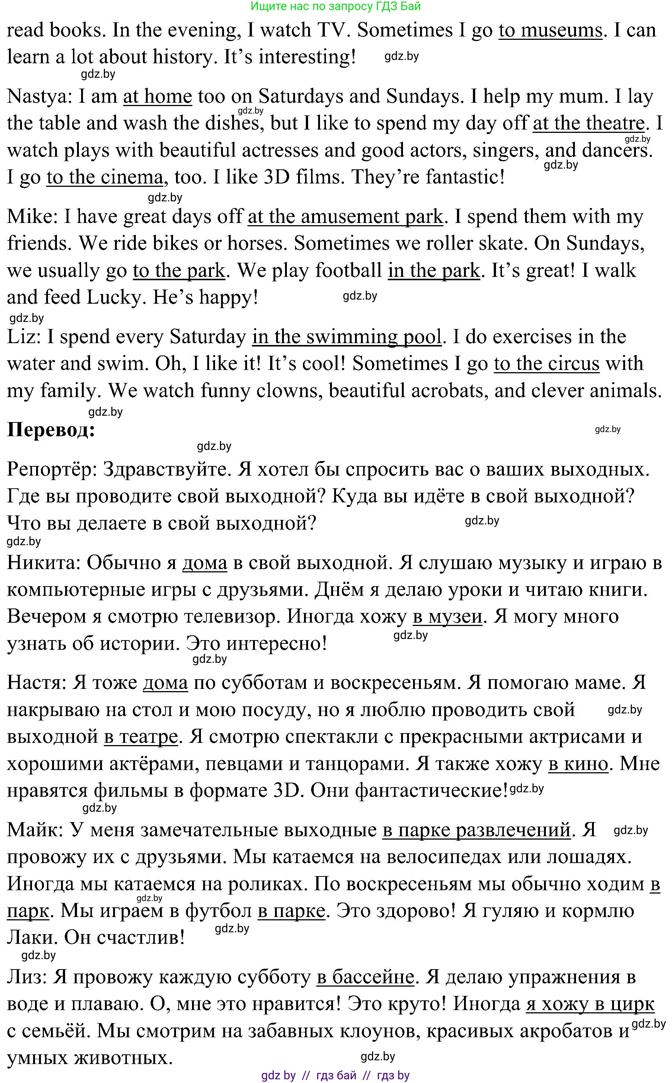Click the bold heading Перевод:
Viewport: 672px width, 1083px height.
coord(51,430)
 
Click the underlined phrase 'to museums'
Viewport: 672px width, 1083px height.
coord(550,30)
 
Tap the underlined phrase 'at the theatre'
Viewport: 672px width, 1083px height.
coord(588,123)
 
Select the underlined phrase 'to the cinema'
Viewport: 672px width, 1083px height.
coord(105,177)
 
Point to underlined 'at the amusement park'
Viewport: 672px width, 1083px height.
coord(345,217)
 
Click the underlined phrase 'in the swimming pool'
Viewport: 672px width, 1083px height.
coord(347,336)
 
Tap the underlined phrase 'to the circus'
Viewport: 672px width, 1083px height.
coord(547,364)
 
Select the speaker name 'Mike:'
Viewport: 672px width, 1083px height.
coord(32,217)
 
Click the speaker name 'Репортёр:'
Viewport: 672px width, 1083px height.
coord(52,469)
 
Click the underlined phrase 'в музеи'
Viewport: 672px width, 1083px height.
coord(447,616)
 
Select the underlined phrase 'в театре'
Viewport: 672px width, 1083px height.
coord(141,737)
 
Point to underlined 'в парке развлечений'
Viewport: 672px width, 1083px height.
coord(476,830)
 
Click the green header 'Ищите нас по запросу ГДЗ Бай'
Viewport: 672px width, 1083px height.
coord(336,6)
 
